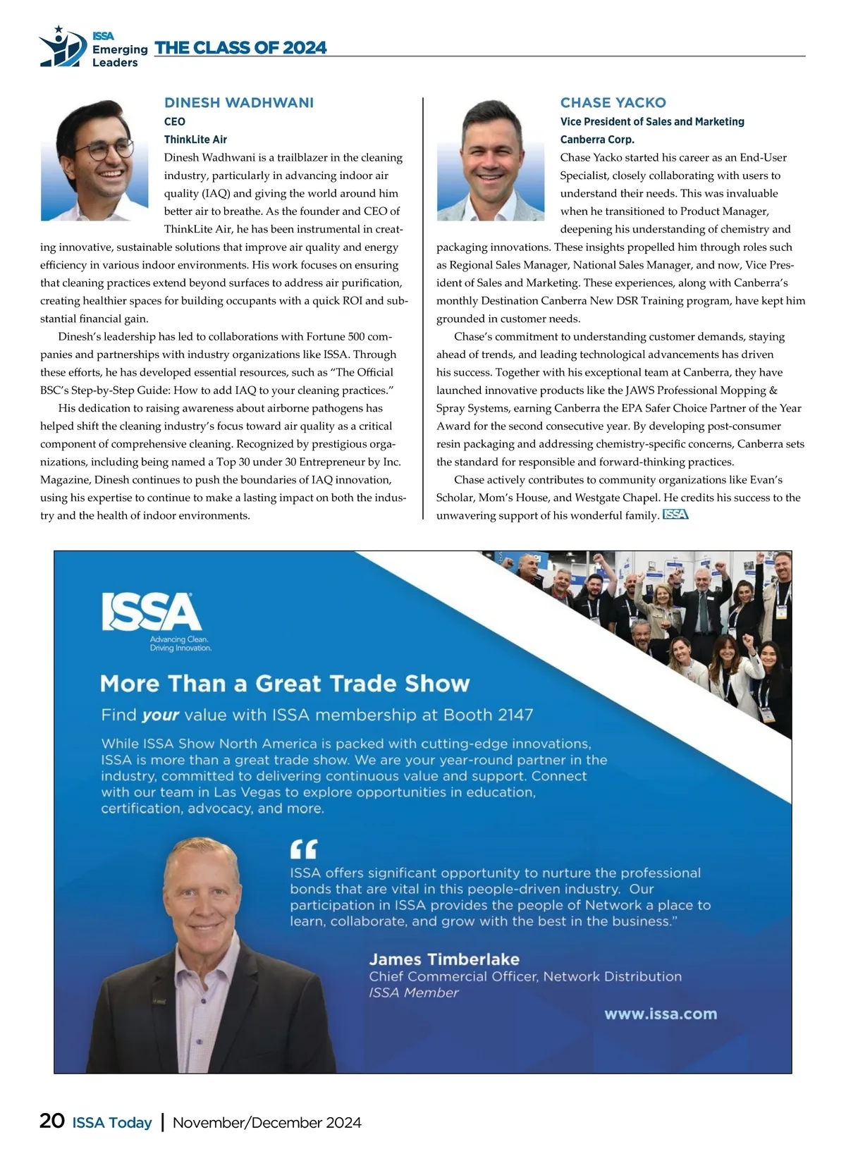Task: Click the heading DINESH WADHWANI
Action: pos(239,103)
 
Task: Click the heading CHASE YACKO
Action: pos(613,103)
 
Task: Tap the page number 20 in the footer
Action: pos(52,1121)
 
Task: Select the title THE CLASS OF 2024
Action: pos(240,48)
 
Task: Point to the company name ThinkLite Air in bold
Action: pos(195,140)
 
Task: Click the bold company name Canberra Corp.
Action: pos(597,140)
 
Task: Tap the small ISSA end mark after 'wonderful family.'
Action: pos(675,515)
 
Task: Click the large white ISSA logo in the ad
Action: pos(152,611)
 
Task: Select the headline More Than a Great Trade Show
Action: pos(285,684)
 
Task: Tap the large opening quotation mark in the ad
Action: pos(304,848)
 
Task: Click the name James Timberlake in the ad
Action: pos(444,959)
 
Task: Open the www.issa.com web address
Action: pos(661,1014)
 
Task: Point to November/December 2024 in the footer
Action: pos(266,1122)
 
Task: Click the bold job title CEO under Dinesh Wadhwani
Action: pos(175,121)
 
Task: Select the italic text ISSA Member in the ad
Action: pos(414,992)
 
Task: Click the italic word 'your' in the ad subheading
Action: pos(160,715)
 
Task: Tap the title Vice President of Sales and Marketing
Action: pos(652,121)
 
